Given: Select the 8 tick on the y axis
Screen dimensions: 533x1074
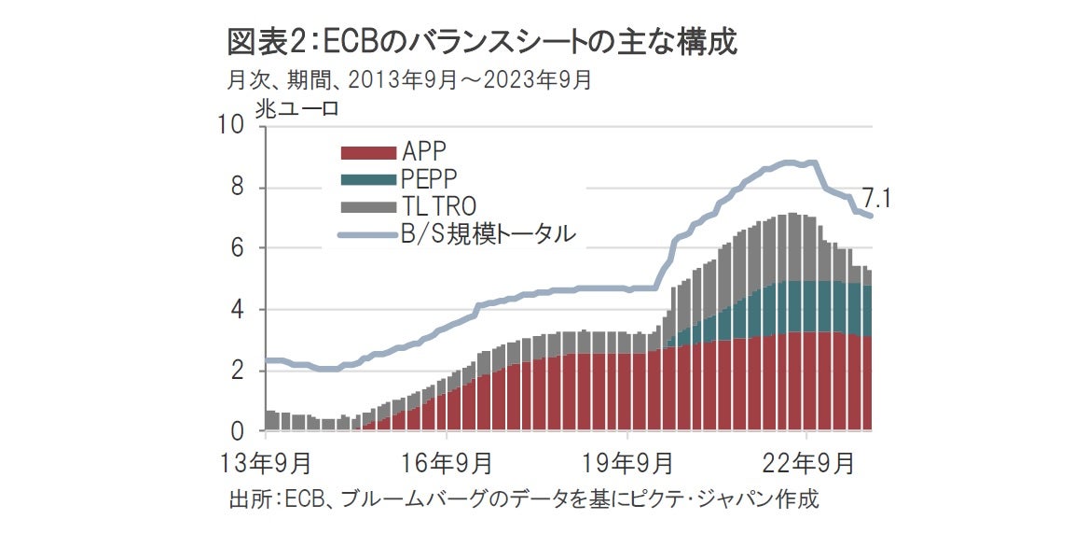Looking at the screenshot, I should pos(237,188).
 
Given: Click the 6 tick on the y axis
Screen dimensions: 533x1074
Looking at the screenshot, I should pos(237,248).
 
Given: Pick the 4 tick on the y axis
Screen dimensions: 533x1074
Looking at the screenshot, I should pos(237,310).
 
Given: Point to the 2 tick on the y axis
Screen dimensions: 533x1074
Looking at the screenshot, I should pos(237,371).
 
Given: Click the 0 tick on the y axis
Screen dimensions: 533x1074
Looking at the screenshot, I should pos(237,431).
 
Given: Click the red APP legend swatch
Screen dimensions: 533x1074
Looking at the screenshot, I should pos(367,152).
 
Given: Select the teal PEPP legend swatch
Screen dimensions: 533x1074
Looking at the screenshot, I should pos(367,179).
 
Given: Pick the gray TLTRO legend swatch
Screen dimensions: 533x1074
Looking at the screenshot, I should pos(367,205).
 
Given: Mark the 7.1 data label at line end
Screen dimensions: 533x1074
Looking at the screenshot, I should pos(875,199).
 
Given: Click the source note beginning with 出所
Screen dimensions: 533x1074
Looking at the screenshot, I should pos(523,498).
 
